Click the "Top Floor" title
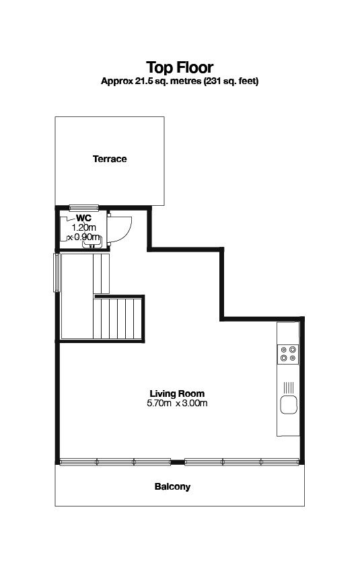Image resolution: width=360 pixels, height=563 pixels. click(180, 67)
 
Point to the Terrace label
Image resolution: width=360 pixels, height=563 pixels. click(110, 159)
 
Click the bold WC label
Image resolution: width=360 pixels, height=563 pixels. click(83, 218)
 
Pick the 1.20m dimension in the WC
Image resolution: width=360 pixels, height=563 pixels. click(84, 227)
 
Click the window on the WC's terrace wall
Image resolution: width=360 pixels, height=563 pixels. click(83, 207)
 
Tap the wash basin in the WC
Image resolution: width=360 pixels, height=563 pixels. click(92, 241)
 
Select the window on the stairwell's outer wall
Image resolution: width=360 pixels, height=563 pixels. click(57, 272)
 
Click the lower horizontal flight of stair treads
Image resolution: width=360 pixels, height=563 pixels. click(118, 318)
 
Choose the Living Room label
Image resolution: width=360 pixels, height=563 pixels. click(177, 393)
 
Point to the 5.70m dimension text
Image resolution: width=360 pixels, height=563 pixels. click(159, 403)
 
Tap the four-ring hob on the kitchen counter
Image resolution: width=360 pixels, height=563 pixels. click(288, 354)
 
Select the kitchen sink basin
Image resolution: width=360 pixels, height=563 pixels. click(289, 405)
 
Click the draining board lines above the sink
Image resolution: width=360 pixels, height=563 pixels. click(289, 387)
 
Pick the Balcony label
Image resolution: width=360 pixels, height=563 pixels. click(172, 487)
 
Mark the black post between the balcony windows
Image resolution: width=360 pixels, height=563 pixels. click(178, 463)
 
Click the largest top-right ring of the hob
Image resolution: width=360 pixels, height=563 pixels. click(293, 349)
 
